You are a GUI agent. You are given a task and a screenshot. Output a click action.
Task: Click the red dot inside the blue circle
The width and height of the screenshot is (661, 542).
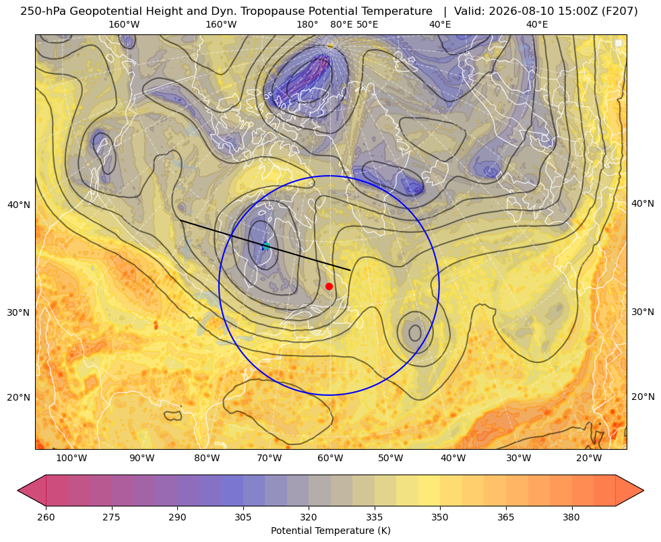pyautogui.click(x=329, y=286)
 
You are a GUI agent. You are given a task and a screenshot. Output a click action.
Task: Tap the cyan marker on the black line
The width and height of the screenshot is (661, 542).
pyautogui.click(x=266, y=246)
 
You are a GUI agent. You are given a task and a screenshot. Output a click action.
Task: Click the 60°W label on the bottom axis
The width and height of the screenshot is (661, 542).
pyautogui.click(x=330, y=458)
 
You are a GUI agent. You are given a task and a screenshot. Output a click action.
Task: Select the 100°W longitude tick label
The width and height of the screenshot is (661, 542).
pyautogui.click(x=71, y=458)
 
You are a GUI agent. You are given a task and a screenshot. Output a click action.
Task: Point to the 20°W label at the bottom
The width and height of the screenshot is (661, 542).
pyautogui.click(x=589, y=458)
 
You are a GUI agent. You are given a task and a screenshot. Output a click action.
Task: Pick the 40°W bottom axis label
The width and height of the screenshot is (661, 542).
pyautogui.click(x=453, y=458)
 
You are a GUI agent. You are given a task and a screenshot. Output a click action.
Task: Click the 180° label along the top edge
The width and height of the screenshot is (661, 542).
pyautogui.click(x=307, y=24)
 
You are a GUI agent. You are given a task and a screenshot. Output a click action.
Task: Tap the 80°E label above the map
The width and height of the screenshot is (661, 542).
pyautogui.click(x=341, y=24)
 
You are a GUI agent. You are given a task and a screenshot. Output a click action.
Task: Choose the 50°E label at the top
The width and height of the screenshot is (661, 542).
pyautogui.click(x=367, y=24)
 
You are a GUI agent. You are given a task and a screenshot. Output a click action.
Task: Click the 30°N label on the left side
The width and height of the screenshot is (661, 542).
pyautogui.click(x=19, y=312)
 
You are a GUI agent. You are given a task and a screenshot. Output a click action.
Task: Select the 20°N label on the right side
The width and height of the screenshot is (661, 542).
pyautogui.click(x=643, y=397)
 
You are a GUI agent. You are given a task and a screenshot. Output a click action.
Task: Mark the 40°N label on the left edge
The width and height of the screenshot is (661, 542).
pyautogui.click(x=19, y=205)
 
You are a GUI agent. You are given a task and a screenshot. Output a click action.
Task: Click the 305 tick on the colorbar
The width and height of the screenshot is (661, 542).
pyautogui.click(x=243, y=517)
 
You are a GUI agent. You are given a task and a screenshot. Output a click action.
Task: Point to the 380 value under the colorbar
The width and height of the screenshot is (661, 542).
pyautogui.click(x=571, y=517)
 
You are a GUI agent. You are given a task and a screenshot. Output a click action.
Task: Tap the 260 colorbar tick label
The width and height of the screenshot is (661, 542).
pyautogui.click(x=46, y=517)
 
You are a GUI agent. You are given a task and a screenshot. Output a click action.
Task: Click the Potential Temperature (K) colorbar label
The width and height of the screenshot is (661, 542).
pyautogui.click(x=330, y=531)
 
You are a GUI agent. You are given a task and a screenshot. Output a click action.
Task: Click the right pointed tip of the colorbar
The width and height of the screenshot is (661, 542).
pyautogui.click(x=643, y=490)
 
